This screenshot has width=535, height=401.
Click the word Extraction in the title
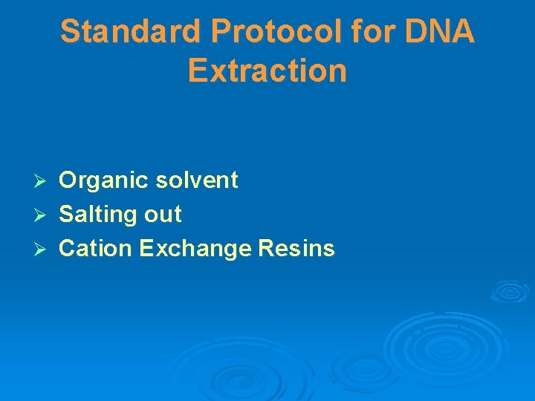pyautogui.click(x=267, y=71)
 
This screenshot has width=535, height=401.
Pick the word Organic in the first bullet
pyautogui.click(x=105, y=180)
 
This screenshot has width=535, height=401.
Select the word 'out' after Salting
pyautogui.click(x=163, y=215)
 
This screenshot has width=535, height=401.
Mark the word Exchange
pyautogui.click(x=194, y=250)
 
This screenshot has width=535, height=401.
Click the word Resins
pyautogui.click(x=296, y=249)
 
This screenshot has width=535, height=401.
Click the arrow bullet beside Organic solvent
pyautogui.click(x=43, y=180)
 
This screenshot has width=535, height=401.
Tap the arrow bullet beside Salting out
pyautogui.click(x=43, y=215)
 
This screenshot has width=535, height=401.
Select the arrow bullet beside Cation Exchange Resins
pyautogui.click(x=43, y=249)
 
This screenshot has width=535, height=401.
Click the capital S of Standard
pyautogui.click(x=70, y=32)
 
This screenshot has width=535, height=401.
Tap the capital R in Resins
pyautogui.click(x=266, y=249)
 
